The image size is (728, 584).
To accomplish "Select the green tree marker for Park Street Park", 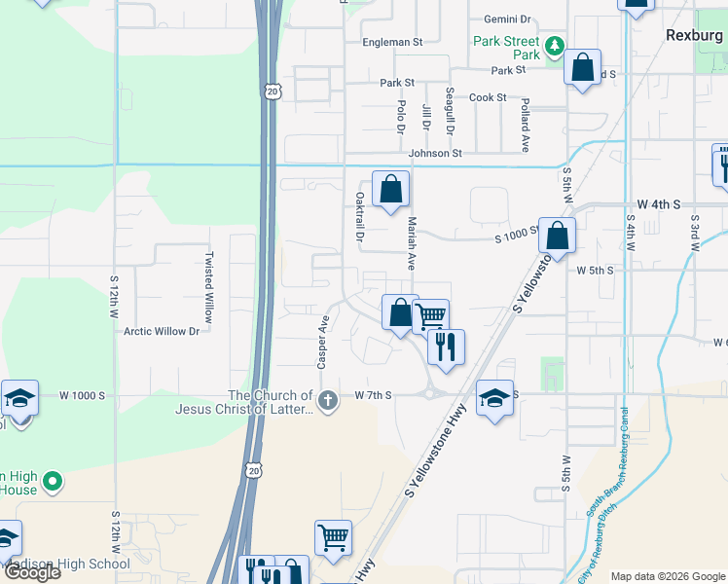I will pyautogui.click(x=554, y=45).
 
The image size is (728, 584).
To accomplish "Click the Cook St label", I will pyautogui.click(x=488, y=97).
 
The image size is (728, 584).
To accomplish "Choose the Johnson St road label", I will pyautogui.click(x=435, y=153).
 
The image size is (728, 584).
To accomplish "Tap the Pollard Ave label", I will pyautogui.click(x=525, y=125).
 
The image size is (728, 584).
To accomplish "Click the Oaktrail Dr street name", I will pyautogui.click(x=359, y=216).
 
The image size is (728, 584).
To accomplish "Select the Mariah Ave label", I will pyautogui.click(x=412, y=243).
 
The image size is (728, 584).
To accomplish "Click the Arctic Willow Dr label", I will pyautogui.click(x=162, y=331).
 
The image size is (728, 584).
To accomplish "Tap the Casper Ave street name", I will pyautogui.click(x=320, y=341).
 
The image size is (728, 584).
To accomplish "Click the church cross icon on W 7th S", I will pyautogui.click(x=329, y=399).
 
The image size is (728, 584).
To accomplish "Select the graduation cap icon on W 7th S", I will pyautogui.click(x=494, y=398).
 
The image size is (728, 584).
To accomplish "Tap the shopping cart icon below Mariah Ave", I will pyautogui.click(x=431, y=314).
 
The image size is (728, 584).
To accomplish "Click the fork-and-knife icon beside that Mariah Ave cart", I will pyautogui.click(x=446, y=346).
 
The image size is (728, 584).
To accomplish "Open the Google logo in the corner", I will pyautogui.click(x=32, y=572).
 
